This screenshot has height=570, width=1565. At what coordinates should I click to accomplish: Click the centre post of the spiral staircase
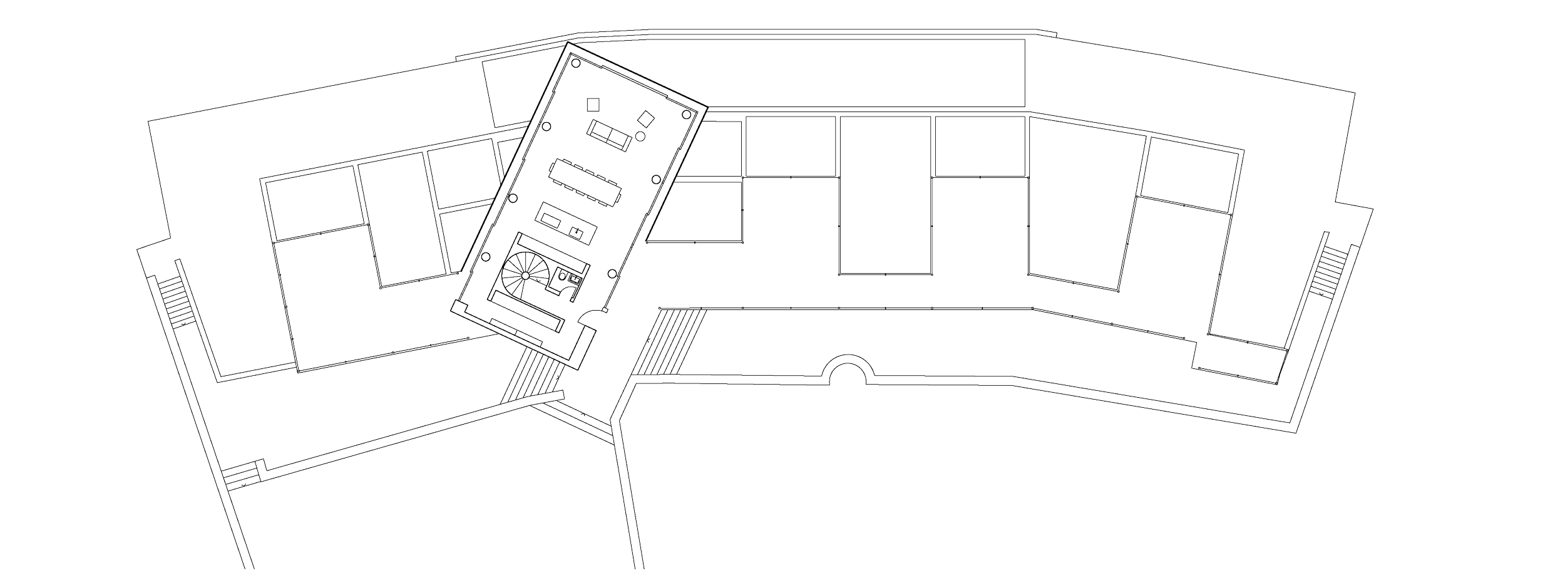(526, 276)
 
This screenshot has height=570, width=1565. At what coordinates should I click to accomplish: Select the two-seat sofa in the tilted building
(608, 136)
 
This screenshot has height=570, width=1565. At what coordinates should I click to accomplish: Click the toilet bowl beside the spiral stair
(562, 276)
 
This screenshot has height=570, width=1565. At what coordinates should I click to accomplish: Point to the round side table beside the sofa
(640, 136)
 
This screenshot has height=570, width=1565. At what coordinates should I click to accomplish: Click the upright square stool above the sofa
(593, 104)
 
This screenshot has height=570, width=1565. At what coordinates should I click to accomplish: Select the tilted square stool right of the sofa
(646, 118)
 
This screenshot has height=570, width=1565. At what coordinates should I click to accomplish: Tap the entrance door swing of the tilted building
(588, 318)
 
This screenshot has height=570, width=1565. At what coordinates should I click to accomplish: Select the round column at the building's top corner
(576, 63)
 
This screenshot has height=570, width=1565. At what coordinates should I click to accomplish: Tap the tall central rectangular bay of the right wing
(885, 194)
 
